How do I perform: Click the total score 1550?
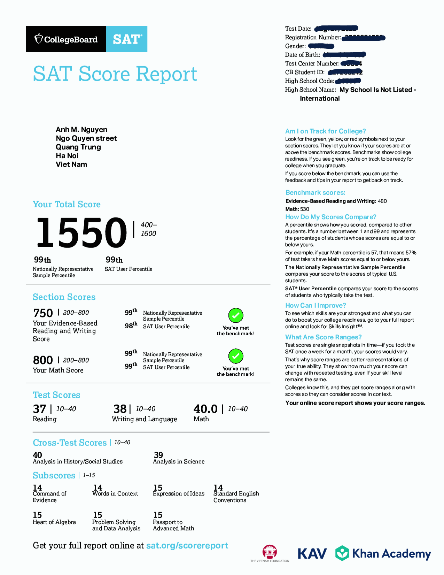click(81, 232)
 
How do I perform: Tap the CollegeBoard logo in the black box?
click(66, 39)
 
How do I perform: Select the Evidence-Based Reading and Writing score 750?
click(43, 313)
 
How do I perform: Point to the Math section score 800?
click(43, 360)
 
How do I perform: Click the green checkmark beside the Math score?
click(236, 356)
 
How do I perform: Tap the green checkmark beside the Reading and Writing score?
click(236, 315)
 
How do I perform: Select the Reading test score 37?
click(39, 409)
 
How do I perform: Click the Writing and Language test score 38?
click(120, 409)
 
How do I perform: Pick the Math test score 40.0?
click(205, 409)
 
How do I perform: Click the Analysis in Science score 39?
click(158, 455)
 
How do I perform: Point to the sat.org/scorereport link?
click(187, 546)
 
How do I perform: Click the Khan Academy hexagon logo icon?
click(342, 553)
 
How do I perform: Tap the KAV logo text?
click(312, 553)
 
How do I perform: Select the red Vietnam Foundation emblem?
click(270, 552)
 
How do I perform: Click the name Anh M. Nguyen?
click(81, 130)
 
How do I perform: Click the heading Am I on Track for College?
click(325, 131)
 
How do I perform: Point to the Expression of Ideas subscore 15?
click(158, 488)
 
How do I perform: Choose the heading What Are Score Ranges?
click(323, 337)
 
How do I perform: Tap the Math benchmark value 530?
click(305, 209)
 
